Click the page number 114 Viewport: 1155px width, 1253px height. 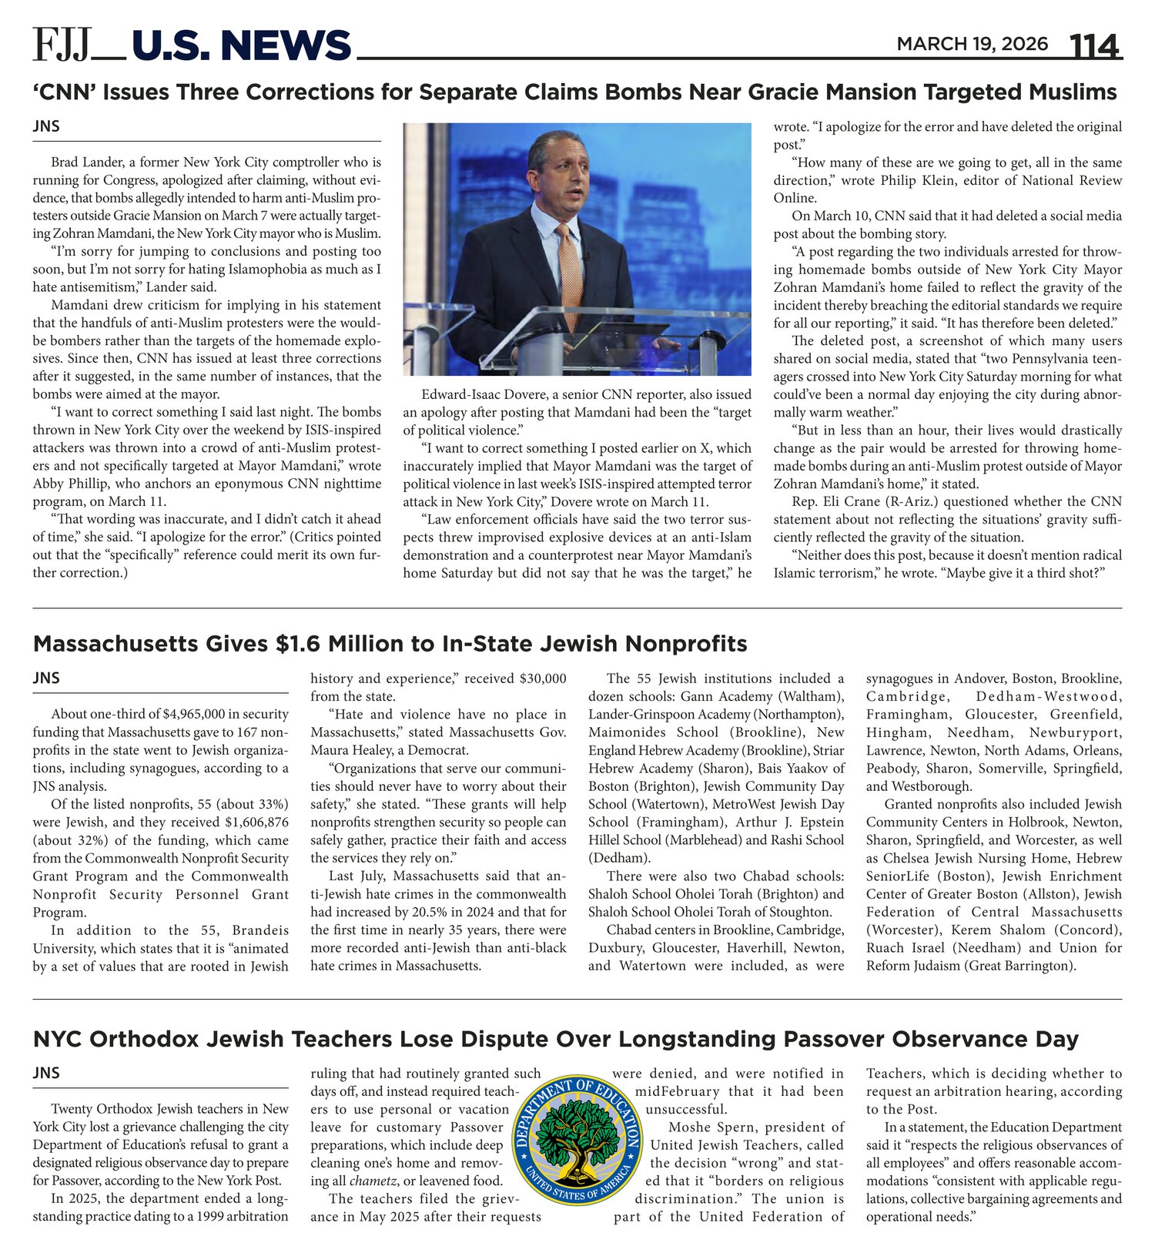click(x=1094, y=45)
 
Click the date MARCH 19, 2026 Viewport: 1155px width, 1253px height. click(x=972, y=44)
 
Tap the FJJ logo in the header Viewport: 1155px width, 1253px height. click(x=64, y=45)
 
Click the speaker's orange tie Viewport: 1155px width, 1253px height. click(x=570, y=270)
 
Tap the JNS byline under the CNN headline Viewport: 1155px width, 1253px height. click(x=46, y=126)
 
